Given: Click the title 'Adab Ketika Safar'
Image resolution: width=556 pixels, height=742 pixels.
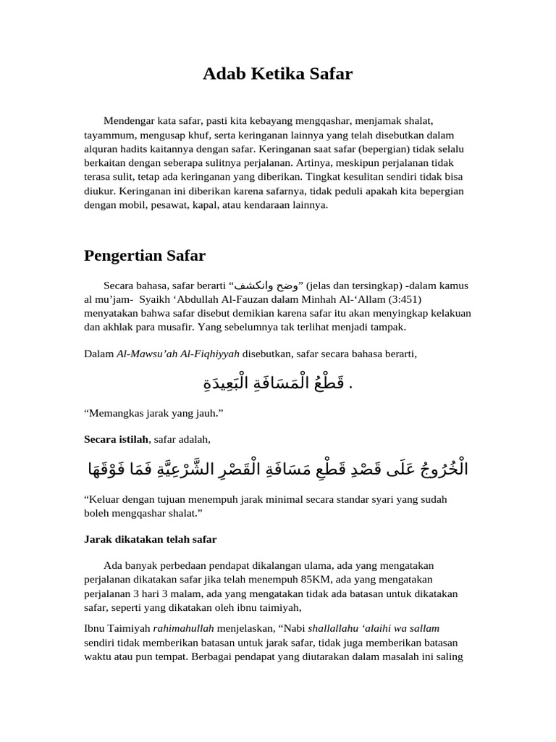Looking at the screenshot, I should coord(277,73).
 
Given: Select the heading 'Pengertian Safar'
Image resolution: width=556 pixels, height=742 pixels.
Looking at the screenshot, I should coord(145,255).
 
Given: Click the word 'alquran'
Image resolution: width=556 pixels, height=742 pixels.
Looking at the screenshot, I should coord(102,148).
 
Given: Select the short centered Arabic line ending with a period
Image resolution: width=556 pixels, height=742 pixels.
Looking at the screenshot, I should coord(277,383).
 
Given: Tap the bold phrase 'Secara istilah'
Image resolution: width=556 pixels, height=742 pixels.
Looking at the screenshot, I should coord(116,439).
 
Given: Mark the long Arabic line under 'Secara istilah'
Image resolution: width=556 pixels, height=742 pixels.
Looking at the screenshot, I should coord(277,469).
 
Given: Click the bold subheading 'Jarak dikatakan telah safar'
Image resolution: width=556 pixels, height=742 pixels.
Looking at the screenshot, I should coord(151,539).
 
